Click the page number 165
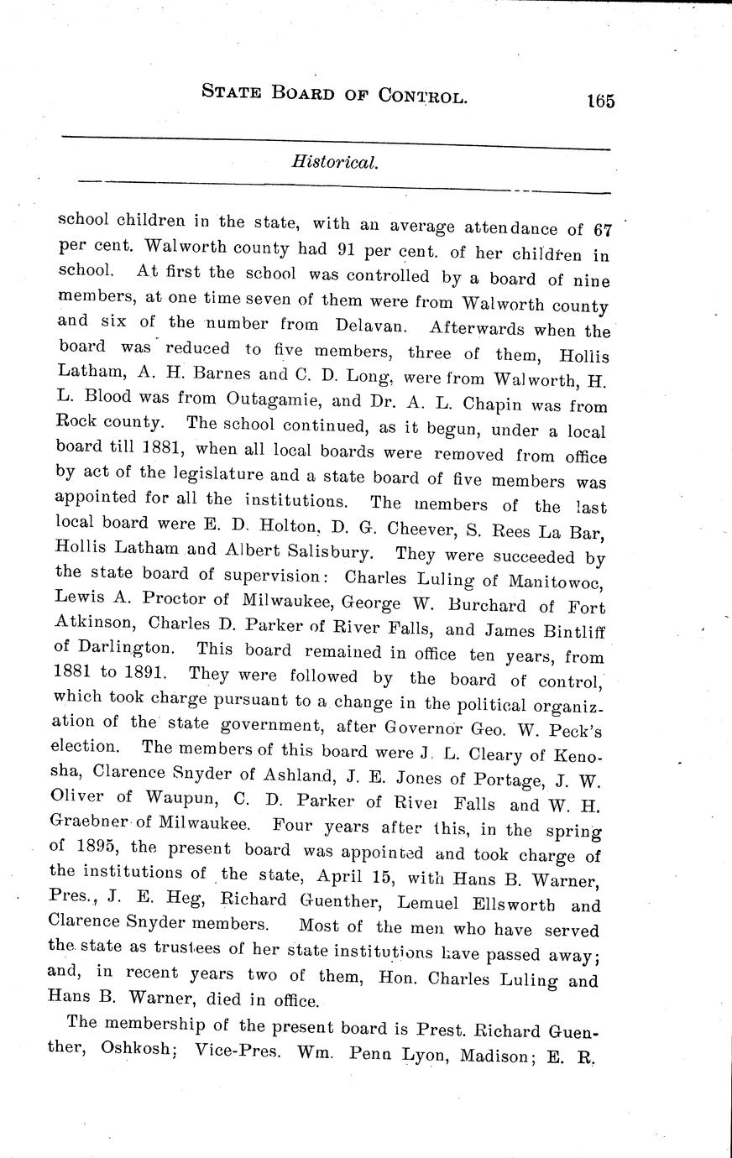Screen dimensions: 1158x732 pyautogui.click(x=601, y=101)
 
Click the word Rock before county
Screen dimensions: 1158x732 pyautogui.click(x=79, y=422)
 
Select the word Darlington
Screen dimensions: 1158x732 pyautogui.click(x=126, y=649)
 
